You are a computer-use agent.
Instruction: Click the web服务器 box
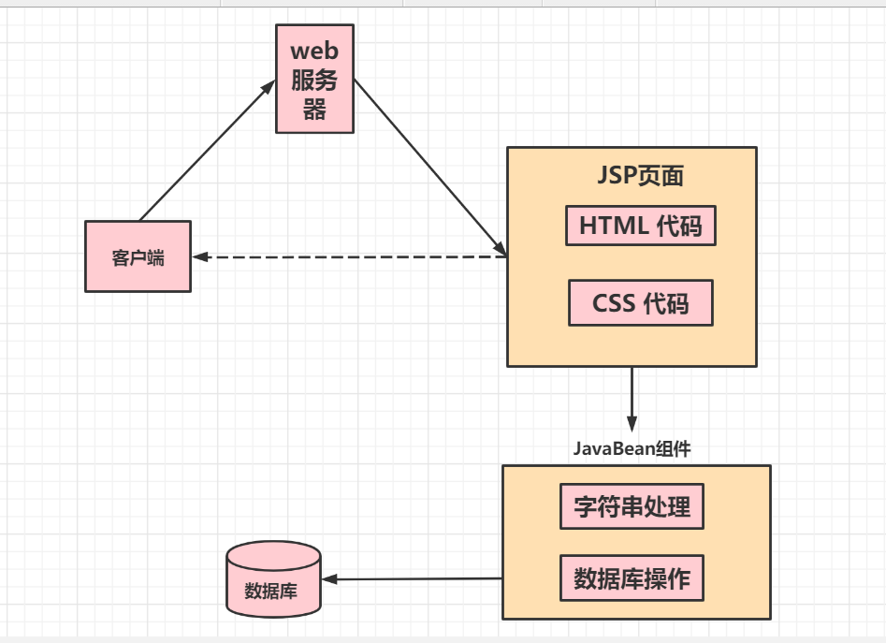point(315,79)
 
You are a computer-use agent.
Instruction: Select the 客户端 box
point(138,256)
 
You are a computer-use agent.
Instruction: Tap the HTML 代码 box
point(640,226)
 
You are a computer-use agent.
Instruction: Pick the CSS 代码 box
point(640,303)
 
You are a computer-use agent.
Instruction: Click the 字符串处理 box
point(632,506)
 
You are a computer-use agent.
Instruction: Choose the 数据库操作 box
point(632,578)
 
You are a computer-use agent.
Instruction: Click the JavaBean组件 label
point(632,449)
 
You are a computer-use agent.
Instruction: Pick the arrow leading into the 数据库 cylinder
point(416,579)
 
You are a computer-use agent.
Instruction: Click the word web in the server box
point(314,50)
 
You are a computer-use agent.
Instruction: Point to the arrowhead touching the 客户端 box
point(199,256)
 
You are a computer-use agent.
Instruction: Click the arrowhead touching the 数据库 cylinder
point(329,579)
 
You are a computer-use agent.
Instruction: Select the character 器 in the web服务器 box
point(315,110)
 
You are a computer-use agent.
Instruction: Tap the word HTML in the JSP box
point(613,226)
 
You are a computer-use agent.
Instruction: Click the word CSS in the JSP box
point(614,303)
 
